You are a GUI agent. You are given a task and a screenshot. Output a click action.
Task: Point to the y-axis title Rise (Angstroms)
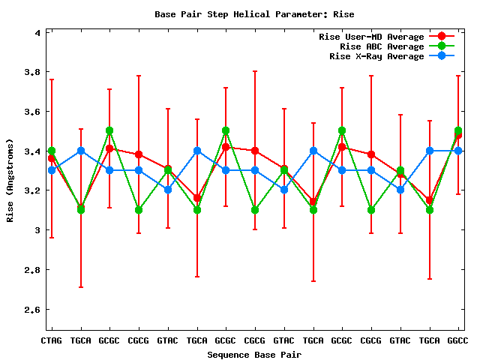10,180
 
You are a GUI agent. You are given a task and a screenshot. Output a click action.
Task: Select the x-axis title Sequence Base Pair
254,354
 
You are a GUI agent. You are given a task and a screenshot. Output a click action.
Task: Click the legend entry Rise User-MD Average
372,37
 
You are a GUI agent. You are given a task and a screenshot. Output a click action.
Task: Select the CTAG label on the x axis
51,341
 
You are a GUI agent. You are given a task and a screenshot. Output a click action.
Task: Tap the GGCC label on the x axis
457,341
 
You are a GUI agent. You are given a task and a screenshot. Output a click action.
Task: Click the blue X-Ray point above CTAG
51,170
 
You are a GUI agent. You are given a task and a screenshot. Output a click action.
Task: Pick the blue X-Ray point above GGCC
458,151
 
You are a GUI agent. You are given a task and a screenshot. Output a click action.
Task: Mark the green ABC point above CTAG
51,151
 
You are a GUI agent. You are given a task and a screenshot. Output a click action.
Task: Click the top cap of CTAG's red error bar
51,79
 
